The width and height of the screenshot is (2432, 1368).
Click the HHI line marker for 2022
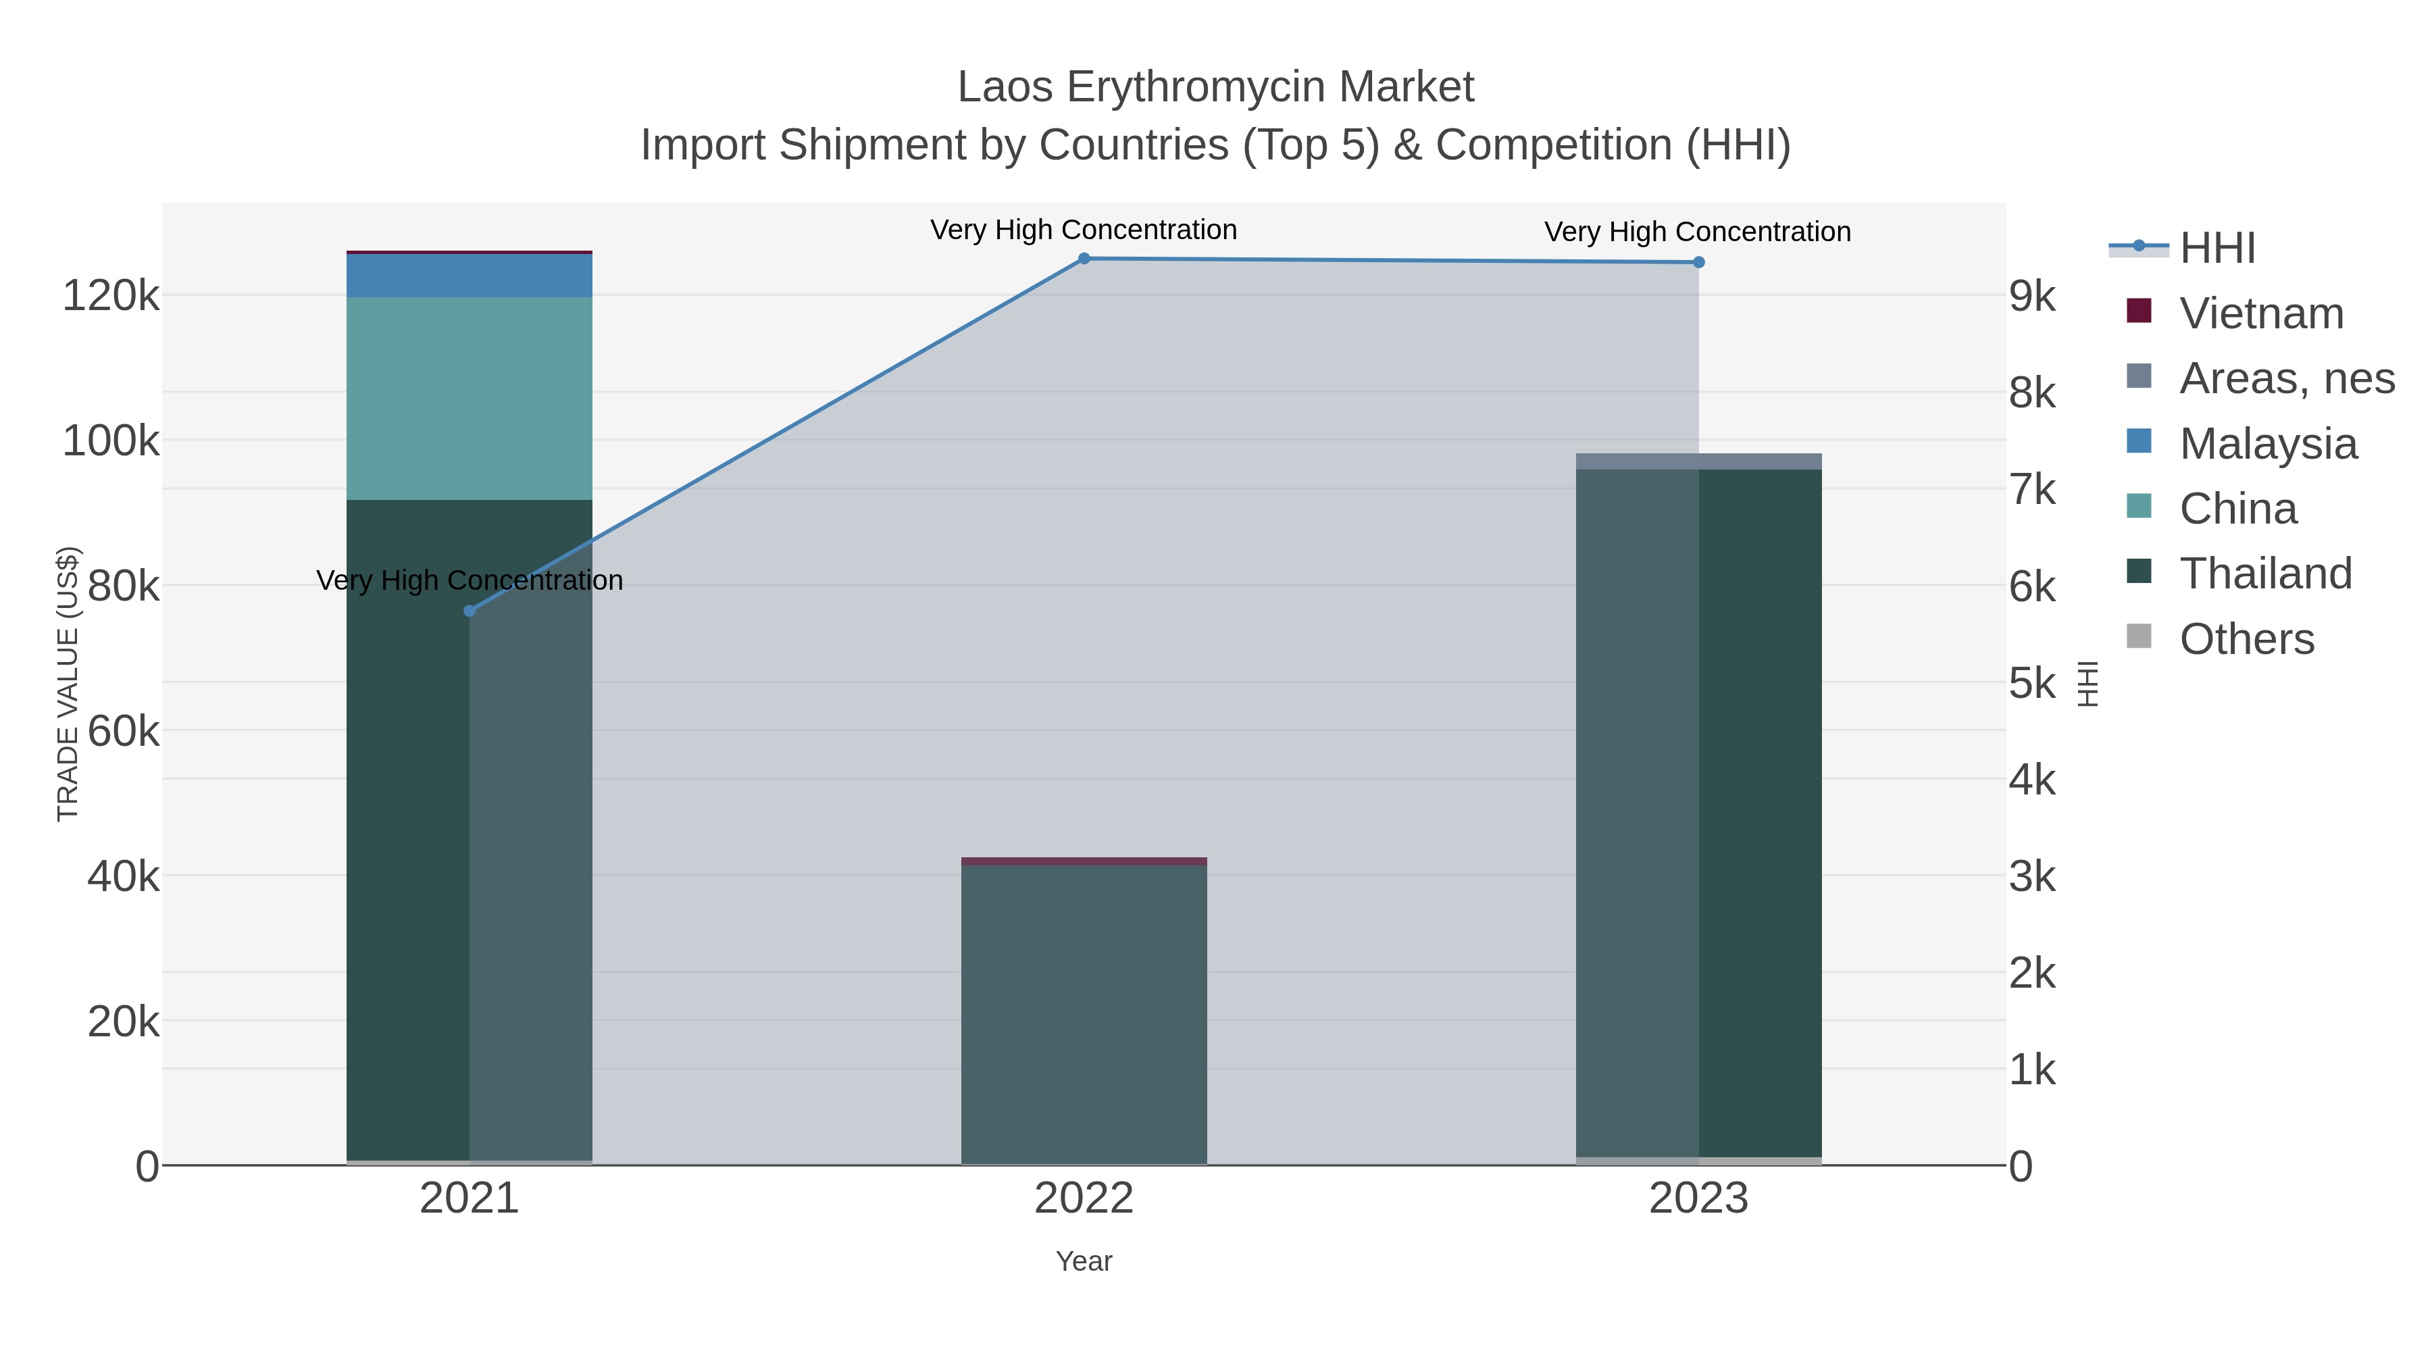pyautogui.click(x=1084, y=259)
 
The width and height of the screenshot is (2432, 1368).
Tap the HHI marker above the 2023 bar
pyautogui.click(x=1698, y=263)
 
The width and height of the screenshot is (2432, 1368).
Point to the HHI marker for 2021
pyautogui.click(x=470, y=611)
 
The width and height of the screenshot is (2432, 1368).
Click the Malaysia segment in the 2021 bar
pyautogui.click(x=470, y=276)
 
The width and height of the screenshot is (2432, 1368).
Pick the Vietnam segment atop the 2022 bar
pyautogui.click(x=1084, y=861)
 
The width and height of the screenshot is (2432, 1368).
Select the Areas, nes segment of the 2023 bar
pyautogui.click(x=1698, y=461)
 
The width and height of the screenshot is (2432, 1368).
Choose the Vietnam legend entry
pyautogui.click(x=2261, y=313)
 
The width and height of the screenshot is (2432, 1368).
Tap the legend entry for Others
pyautogui.click(x=2246, y=639)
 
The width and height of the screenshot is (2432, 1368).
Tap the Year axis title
pyautogui.click(x=1084, y=1261)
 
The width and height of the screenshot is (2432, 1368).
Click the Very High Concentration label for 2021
pyautogui.click(x=470, y=580)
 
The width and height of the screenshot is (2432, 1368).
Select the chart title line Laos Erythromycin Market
pyautogui.click(x=1215, y=88)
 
